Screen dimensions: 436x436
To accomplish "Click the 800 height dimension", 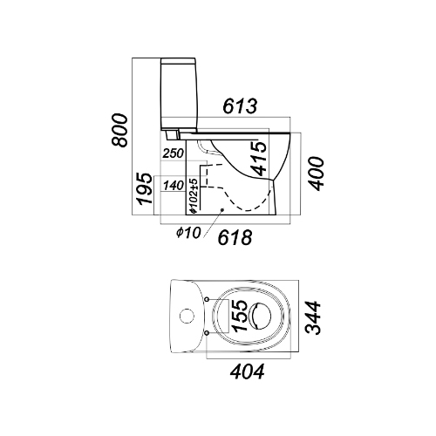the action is [119, 130].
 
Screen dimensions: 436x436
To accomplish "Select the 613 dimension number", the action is [240, 106].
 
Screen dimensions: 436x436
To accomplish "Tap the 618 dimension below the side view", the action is [235, 237].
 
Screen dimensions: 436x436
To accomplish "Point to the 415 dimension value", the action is [258, 159].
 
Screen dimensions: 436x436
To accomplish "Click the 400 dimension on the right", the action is [316, 174].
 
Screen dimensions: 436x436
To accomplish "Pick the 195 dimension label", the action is [145, 189].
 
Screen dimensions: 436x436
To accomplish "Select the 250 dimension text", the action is [174, 153].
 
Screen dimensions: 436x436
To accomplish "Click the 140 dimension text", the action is [174, 185].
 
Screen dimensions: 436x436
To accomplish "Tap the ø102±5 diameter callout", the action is [194, 196].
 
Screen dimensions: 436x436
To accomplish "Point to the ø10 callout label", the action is [188, 232].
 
